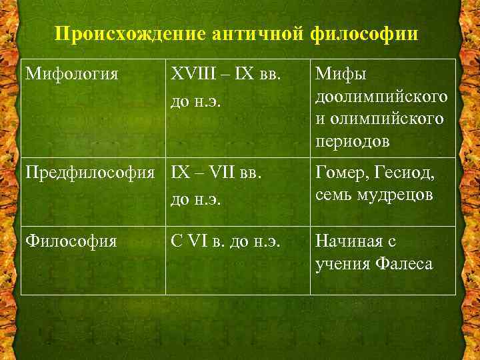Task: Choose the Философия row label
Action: coord(69,241)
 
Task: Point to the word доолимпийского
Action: coord(382,97)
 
